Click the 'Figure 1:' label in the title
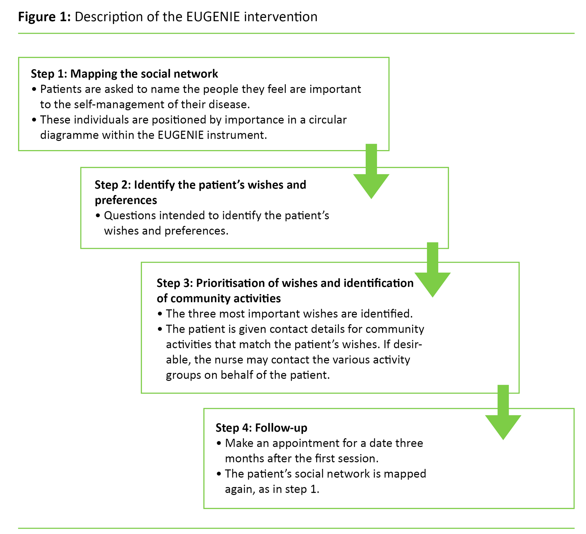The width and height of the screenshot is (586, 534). coord(44,17)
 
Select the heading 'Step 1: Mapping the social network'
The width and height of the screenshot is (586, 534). coord(124,74)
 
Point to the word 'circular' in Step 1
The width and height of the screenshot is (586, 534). coord(328,120)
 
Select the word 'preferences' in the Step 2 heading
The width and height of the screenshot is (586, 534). coord(126,200)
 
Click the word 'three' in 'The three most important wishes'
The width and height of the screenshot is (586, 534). coord(202,314)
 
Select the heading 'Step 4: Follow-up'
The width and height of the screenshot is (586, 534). coord(261,428)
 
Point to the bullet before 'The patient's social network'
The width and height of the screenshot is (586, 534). coord(219,474)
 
